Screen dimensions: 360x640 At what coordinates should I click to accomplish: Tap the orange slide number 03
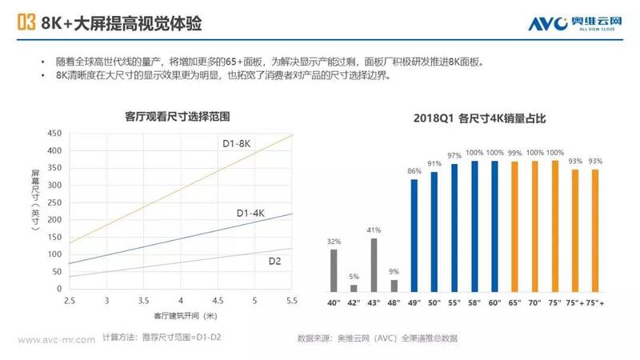pyautogui.click(x=25, y=24)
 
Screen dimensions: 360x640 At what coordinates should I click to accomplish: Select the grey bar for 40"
pyautogui.click(x=334, y=270)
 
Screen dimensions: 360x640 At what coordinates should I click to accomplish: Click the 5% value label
pyautogui.click(x=354, y=277)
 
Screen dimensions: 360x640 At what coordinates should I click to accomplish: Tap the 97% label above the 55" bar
pyautogui.click(x=454, y=155)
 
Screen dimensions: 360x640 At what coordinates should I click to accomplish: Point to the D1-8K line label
pyautogui.click(x=237, y=143)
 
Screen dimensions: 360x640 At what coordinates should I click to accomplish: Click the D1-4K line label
pyautogui.click(x=251, y=213)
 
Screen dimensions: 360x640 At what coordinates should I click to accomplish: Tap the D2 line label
pyautogui.click(x=273, y=261)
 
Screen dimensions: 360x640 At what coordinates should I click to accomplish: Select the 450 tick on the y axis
pyautogui.click(x=54, y=134)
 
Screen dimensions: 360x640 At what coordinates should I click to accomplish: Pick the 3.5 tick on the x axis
pyautogui.click(x=144, y=300)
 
